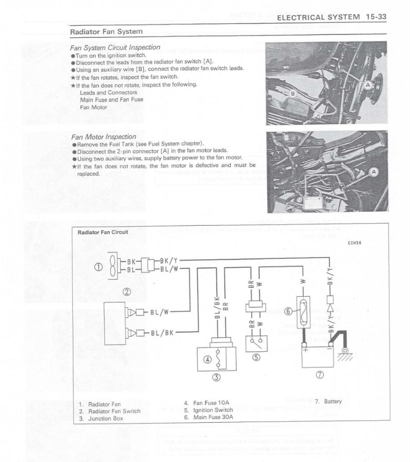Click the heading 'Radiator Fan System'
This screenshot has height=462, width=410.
click(x=107, y=31)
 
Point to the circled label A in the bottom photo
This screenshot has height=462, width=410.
click(x=374, y=172)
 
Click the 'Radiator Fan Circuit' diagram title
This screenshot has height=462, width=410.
click(x=103, y=232)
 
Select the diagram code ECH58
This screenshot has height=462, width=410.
click(x=354, y=243)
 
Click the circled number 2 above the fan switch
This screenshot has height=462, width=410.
click(x=126, y=292)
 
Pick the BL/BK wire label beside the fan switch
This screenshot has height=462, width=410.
click(x=161, y=333)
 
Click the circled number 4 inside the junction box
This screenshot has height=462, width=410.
click(x=207, y=360)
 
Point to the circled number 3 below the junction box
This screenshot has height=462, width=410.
click(x=216, y=377)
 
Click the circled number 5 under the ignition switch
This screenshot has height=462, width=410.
click(x=257, y=358)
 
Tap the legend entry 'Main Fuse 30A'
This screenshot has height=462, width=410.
click(x=208, y=417)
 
